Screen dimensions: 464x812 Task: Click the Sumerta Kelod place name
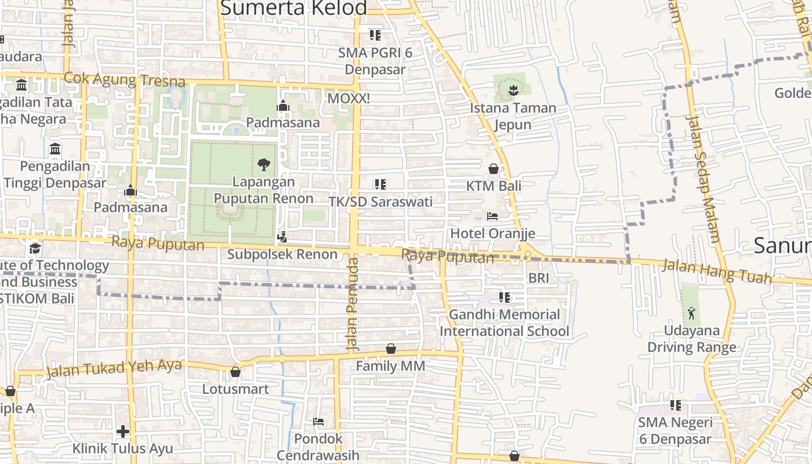(x=294, y=8)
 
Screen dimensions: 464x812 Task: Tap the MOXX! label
(x=349, y=99)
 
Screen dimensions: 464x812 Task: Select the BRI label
(x=538, y=278)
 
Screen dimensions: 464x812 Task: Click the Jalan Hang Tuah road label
(x=717, y=271)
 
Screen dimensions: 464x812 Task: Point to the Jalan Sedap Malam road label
(x=703, y=179)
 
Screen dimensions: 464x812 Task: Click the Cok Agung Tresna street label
(x=125, y=79)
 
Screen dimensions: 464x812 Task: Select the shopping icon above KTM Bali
(x=494, y=169)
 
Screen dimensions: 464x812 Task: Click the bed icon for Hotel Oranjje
(x=492, y=216)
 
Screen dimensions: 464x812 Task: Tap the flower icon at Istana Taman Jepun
(x=513, y=90)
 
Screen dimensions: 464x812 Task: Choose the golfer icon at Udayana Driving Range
(x=691, y=314)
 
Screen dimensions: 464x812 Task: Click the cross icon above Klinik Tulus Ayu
(x=122, y=432)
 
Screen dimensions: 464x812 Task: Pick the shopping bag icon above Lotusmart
(x=235, y=372)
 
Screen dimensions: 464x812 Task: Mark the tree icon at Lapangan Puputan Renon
(x=264, y=165)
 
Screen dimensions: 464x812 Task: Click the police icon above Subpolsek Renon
(x=282, y=237)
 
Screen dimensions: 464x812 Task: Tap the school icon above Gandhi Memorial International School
(x=505, y=298)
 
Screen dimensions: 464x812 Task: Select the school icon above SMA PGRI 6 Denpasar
(x=375, y=35)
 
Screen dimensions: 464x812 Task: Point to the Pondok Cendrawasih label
(x=318, y=447)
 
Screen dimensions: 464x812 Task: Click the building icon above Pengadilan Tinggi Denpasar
(x=55, y=149)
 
